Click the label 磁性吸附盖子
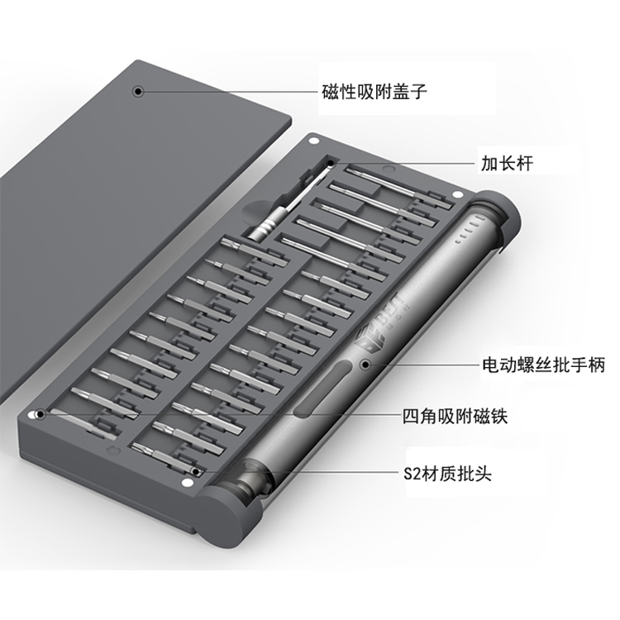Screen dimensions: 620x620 374,92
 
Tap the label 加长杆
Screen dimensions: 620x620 507,164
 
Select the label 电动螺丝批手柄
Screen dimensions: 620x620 544,365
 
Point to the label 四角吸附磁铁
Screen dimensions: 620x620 455,416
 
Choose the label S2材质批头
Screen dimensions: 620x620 447,473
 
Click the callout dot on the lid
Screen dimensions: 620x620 137,92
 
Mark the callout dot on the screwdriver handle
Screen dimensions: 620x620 365,365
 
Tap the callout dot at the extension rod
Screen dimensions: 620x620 331,163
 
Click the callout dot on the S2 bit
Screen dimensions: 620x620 196,472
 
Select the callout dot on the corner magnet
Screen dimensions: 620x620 40,414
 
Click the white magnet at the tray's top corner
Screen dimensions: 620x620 315,141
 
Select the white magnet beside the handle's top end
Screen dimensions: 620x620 457,194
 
